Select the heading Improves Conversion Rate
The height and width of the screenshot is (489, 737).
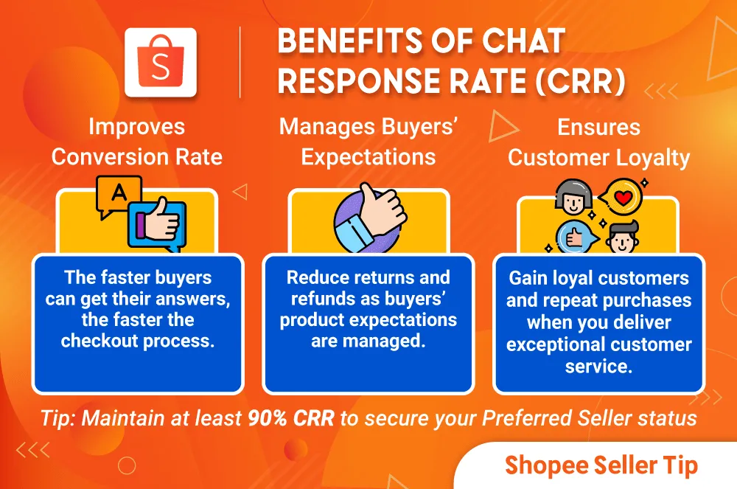point(137,142)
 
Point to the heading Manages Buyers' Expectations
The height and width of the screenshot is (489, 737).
point(368,142)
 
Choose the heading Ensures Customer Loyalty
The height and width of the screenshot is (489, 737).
point(599,142)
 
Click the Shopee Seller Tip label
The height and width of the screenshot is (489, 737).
point(601,465)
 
